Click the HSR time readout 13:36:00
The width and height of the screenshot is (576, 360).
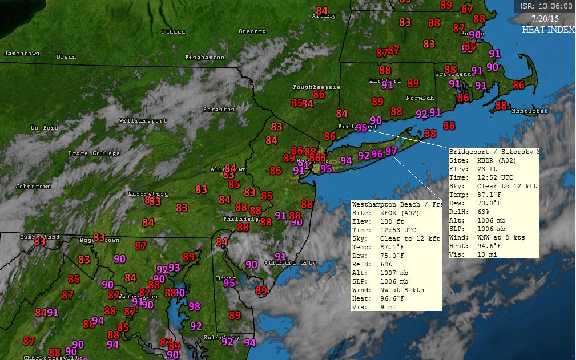545,6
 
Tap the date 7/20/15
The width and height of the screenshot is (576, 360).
545,18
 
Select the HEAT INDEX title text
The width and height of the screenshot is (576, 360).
548,30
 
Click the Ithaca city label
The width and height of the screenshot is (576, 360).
173,32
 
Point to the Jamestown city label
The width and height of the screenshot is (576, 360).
22,54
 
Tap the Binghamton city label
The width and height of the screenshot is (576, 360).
205,58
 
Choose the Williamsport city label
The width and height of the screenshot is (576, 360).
143,121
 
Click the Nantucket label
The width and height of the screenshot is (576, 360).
529,111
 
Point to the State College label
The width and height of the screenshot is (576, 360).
94,153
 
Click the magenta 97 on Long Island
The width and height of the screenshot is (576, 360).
391,151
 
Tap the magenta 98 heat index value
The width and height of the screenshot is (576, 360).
195,306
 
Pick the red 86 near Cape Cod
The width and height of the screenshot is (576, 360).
518,85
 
